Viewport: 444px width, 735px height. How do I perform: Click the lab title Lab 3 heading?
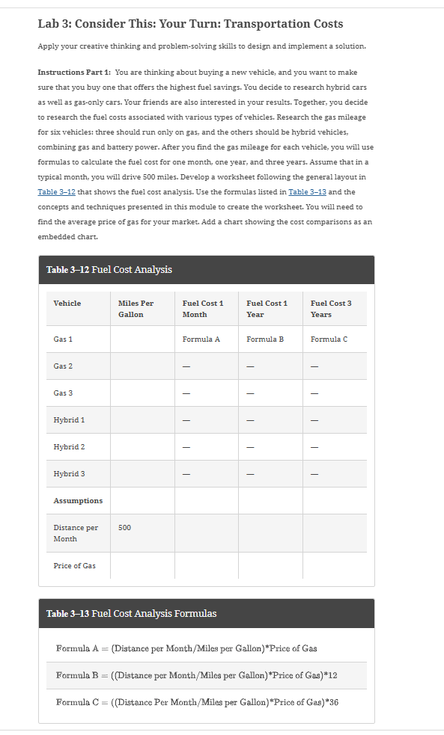[x=190, y=24]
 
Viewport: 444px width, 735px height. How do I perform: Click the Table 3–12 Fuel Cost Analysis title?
[x=109, y=269]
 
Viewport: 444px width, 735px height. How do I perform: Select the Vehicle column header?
[x=67, y=303]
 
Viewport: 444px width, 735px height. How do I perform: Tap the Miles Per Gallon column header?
[x=136, y=308]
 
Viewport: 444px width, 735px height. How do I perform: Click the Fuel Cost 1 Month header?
[x=202, y=308]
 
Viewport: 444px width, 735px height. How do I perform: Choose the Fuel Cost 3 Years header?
[x=330, y=308]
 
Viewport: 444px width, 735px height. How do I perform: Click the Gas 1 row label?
[x=63, y=339]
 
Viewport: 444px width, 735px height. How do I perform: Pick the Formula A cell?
[x=201, y=339]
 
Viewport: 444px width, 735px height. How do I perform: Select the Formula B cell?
[x=265, y=339]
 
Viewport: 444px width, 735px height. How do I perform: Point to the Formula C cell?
[x=329, y=339]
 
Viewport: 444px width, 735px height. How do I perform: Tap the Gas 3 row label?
[x=63, y=393]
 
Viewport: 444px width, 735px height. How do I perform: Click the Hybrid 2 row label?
[x=69, y=447]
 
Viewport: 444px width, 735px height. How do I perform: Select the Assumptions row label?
[x=78, y=500]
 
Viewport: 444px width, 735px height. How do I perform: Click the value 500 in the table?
[x=124, y=527]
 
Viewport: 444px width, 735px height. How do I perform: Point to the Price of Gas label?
[x=74, y=565]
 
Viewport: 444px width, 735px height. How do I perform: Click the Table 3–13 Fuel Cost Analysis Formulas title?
[x=132, y=613]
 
